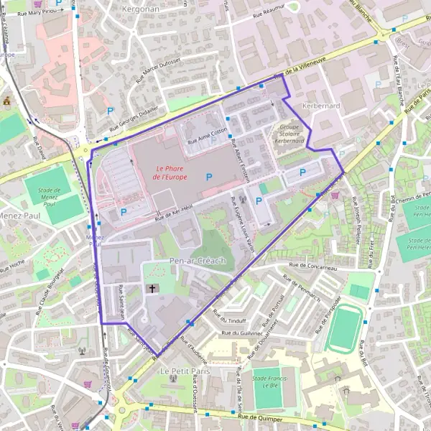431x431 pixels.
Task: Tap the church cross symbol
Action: pyautogui.click(x=152, y=289)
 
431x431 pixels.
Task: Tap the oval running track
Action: pyautogui.click(x=346, y=328)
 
